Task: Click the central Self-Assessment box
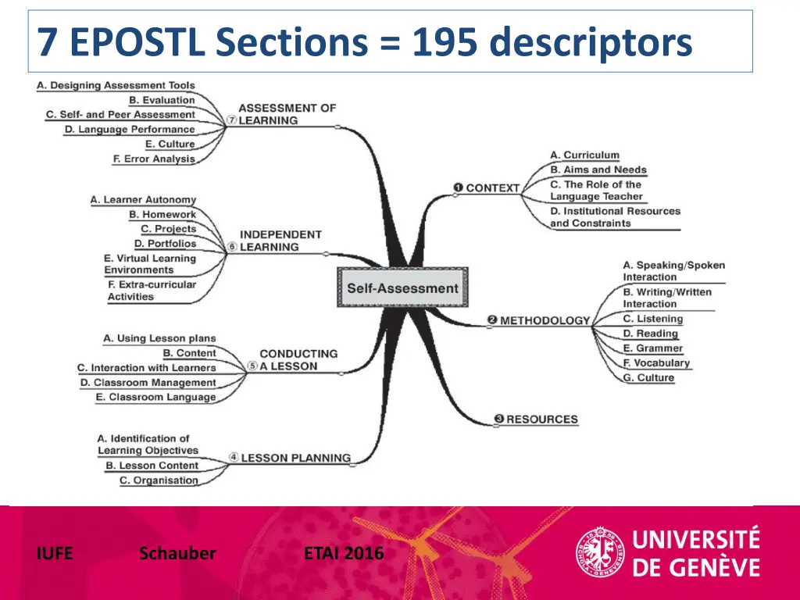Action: point(402,288)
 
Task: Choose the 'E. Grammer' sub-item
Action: point(653,348)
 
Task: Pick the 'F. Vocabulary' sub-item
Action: point(656,362)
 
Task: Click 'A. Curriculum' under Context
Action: point(584,155)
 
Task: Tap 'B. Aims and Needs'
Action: point(598,170)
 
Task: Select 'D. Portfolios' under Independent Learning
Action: point(166,244)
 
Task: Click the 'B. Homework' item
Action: point(162,214)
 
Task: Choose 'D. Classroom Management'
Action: point(148,383)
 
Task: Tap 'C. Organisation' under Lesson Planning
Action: point(159,480)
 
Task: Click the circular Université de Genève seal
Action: point(600,553)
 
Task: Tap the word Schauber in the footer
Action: point(177,554)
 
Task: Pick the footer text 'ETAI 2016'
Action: point(344,554)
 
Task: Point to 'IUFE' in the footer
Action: point(55,554)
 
